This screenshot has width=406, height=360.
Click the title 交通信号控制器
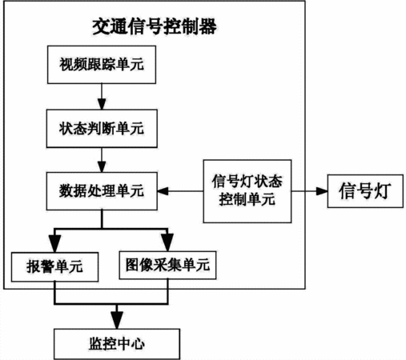pyautogui.click(x=155, y=26)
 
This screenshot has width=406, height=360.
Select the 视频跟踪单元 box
pyautogui.click(x=102, y=65)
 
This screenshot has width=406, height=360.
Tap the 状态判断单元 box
pyautogui.click(x=102, y=129)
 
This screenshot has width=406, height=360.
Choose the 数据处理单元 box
pyautogui.click(x=102, y=191)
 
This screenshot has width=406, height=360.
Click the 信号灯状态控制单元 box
pyautogui.click(x=247, y=191)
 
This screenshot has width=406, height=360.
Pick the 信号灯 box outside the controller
pyautogui.click(x=365, y=191)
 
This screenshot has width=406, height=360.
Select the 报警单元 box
pyautogui.click(x=54, y=266)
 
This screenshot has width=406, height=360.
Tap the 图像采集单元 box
pyautogui.click(x=167, y=265)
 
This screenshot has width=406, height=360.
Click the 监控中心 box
pyautogui.click(x=117, y=344)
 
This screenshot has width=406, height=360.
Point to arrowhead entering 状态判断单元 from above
pyautogui.click(x=102, y=104)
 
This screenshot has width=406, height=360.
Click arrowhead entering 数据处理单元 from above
pyautogui.click(x=102, y=167)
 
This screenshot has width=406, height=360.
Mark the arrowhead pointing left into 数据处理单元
pyautogui.click(x=163, y=191)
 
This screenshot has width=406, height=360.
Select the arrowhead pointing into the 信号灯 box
pyautogui.click(x=322, y=191)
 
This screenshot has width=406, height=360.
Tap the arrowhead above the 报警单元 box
pyautogui.click(x=54, y=243)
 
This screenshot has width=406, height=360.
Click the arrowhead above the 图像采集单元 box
pyautogui.click(x=167, y=242)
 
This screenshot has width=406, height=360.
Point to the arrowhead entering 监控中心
pyautogui.click(x=117, y=320)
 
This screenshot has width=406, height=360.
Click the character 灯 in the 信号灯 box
pyautogui.click(x=382, y=191)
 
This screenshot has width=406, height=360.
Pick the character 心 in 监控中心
pyautogui.click(x=138, y=344)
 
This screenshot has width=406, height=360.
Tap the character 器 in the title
pyautogui.click(x=207, y=26)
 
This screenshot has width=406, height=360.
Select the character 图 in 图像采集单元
pyautogui.click(x=132, y=265)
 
